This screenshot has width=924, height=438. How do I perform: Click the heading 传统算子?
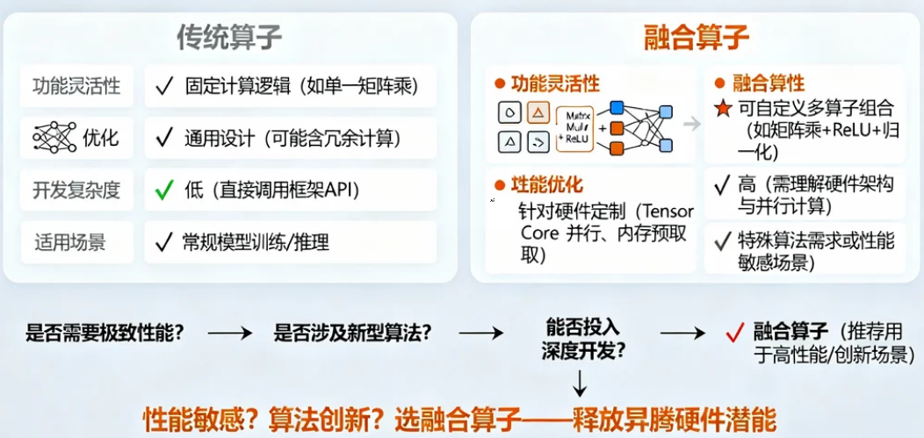coord(229,38)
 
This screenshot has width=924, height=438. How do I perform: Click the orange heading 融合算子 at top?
coord(697,38)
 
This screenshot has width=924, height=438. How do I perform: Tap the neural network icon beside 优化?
coord(54,138)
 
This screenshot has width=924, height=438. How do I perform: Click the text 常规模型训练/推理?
coord(256,241)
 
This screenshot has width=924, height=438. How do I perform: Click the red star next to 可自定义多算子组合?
coord(722,109)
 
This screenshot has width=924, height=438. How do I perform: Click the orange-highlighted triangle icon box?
coord(538,112)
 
